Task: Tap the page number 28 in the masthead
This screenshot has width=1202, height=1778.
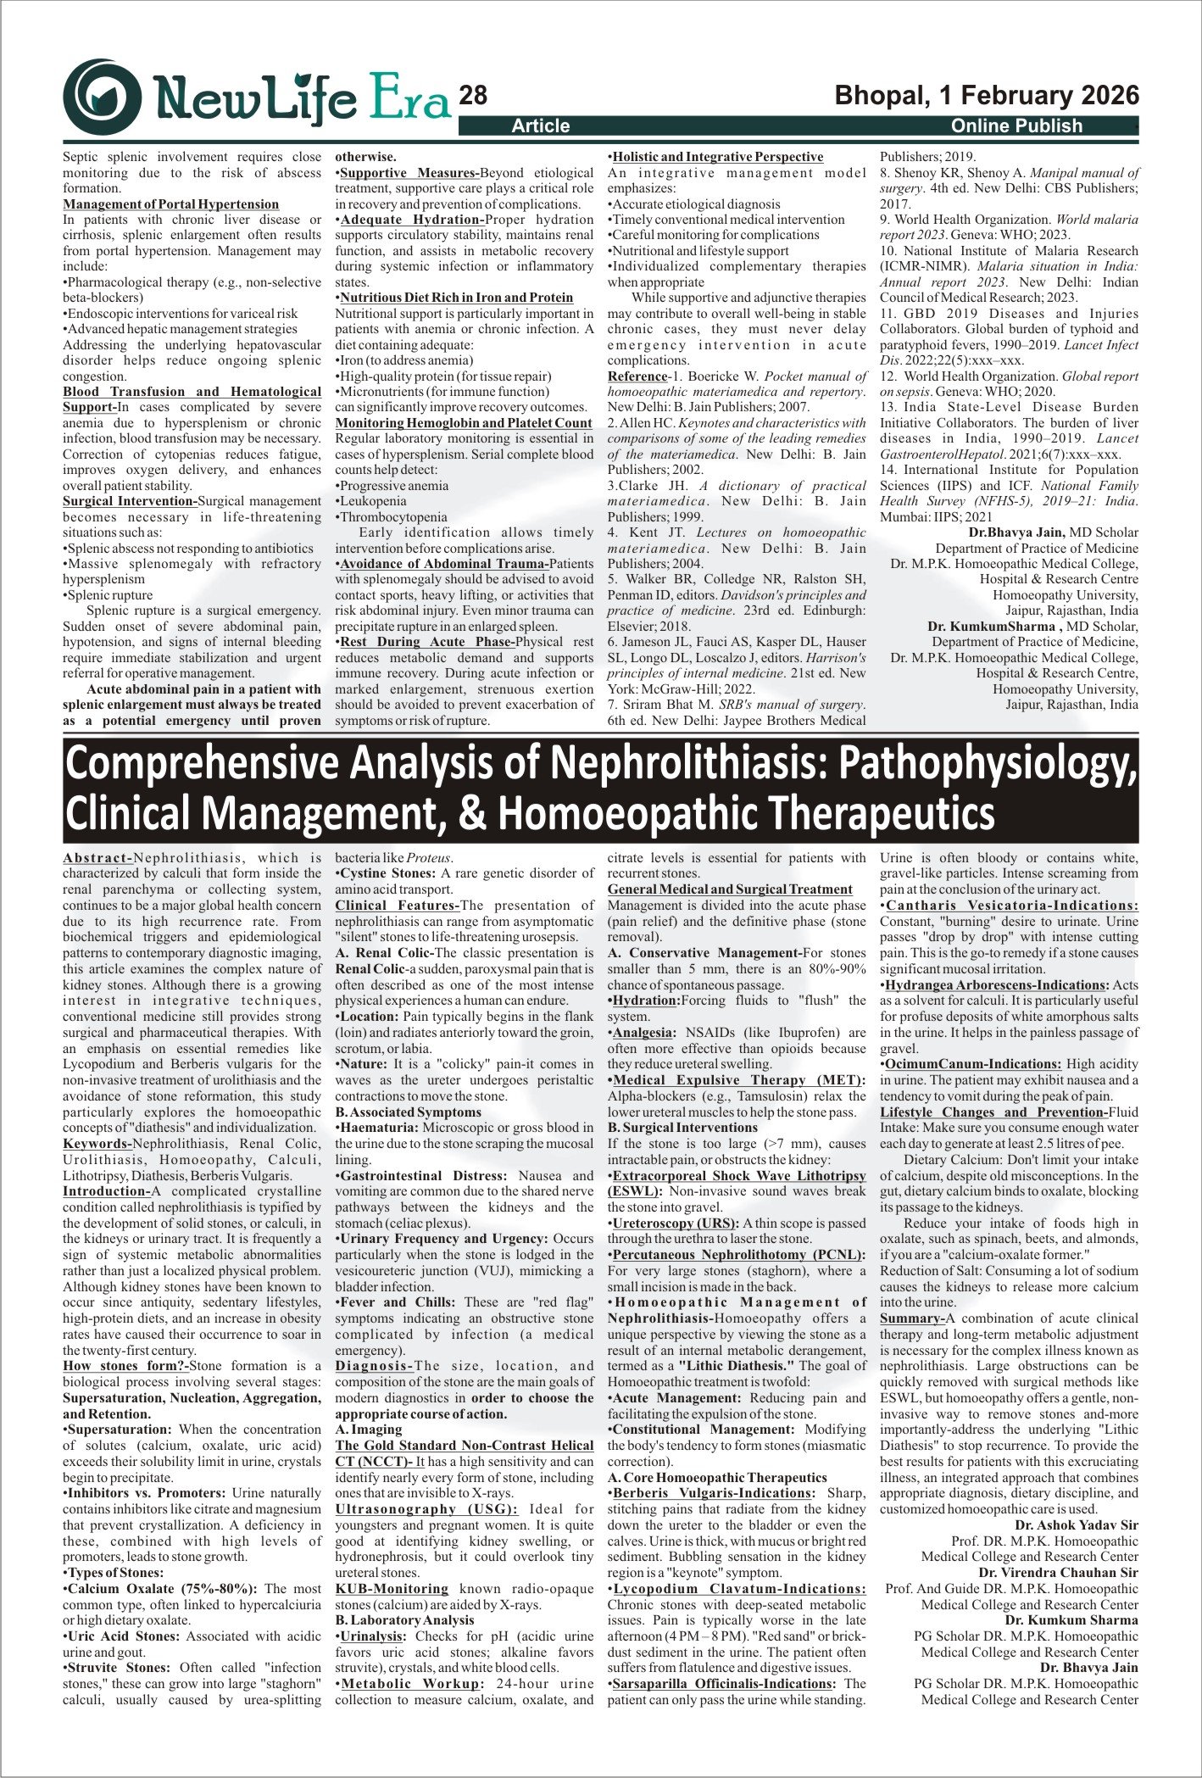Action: (x=473, y=96)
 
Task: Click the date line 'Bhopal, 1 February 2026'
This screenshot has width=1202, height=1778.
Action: (x=987, y=95)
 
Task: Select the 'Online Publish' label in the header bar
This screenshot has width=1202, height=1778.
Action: (x=1016, y=126)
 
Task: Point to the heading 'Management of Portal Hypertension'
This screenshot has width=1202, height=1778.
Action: (x=170, y=204)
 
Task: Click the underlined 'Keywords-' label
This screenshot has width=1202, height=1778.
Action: (x=97, y=1144)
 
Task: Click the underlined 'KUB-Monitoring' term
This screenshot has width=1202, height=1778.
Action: (x=392, y=1589)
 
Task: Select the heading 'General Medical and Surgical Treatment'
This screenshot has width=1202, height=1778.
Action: (x=730, y=889)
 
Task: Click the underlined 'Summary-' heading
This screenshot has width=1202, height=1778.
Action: (x=912, y=1318)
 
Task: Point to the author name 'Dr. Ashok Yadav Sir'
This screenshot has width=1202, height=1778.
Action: (x=1077, y=1525)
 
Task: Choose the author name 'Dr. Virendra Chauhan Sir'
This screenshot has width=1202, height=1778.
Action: (x=1058, y=1573)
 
